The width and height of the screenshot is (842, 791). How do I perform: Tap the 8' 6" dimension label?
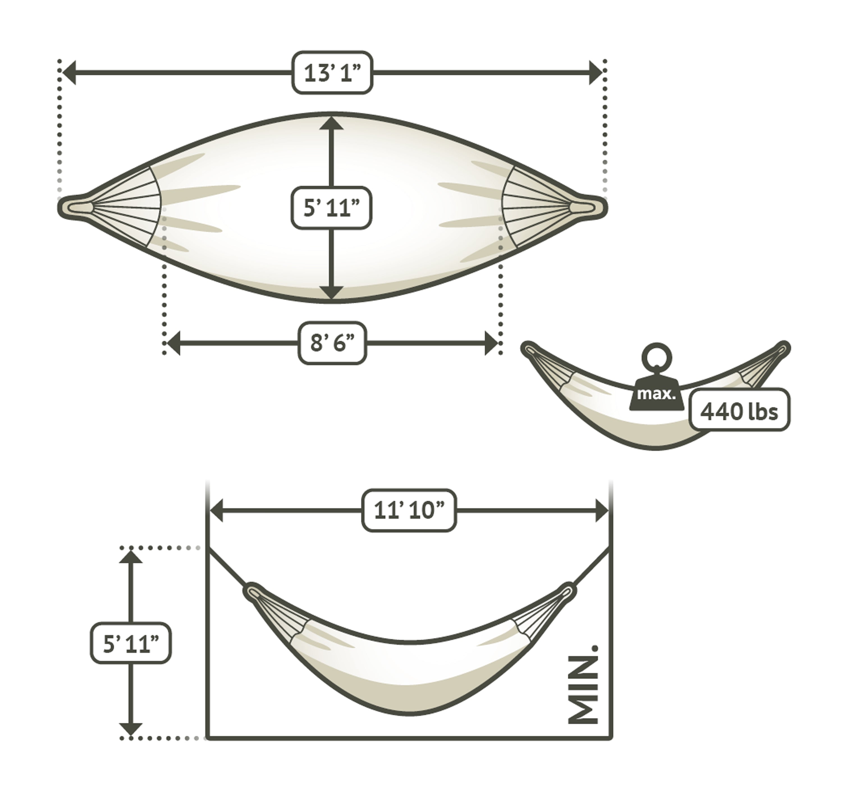click(x=332, y=343)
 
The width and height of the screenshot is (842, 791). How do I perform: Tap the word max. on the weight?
click(x=656, y=394)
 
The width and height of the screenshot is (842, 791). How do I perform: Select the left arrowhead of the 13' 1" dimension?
click(x=69, y=72)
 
